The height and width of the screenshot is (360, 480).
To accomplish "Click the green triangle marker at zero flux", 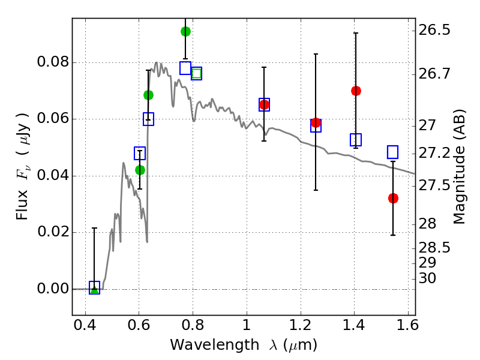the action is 95,290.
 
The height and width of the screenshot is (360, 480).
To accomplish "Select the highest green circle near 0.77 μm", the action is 185,31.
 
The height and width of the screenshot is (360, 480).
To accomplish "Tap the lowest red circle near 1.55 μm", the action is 393,199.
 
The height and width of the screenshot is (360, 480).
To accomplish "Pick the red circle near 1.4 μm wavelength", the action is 356,91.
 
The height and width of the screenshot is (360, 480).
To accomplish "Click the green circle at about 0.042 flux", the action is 140,170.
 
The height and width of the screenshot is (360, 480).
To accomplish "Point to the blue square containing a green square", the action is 197,73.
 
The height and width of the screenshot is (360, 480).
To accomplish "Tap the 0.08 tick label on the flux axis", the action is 53,62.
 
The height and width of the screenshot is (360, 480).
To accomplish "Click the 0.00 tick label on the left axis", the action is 53,289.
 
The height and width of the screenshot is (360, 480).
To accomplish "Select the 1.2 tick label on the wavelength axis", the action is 301,325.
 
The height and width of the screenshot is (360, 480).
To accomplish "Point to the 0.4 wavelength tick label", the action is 85,325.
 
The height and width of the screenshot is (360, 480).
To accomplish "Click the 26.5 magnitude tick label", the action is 434,31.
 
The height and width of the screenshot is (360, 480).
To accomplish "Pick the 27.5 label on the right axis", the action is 434,186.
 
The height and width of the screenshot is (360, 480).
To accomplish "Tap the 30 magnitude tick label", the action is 427,278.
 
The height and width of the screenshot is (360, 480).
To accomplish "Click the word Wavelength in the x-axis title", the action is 215,345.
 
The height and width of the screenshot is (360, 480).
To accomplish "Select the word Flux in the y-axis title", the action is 22,205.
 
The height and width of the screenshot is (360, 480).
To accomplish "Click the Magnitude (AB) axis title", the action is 458,167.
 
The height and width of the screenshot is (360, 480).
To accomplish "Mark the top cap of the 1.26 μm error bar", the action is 316,54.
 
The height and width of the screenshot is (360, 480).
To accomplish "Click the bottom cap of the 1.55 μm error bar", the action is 393,235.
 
